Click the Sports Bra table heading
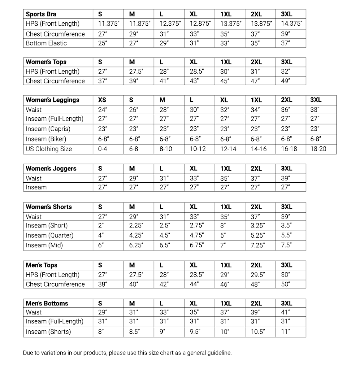coord(41,14)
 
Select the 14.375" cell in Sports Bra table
coord(291,23)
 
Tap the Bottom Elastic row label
coord(46,43)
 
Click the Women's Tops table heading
coord(46,62)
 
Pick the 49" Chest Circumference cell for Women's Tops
coord(286,81)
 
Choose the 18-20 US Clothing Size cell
coord(318,149)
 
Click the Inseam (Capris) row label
coord(48,129)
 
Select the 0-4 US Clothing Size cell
coord(102,149)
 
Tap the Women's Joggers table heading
coord(51,169)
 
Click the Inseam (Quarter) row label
coord(49,235)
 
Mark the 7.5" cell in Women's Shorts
coord(286,245)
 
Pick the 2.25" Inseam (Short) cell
coord(136,226)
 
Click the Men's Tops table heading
coord(41,265)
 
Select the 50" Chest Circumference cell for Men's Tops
coord(286,284)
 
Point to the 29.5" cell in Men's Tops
coord(258,275)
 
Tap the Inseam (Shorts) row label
coord(48,332)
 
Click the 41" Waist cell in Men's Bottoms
coord(286,312)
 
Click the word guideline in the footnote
coord(218,353)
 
